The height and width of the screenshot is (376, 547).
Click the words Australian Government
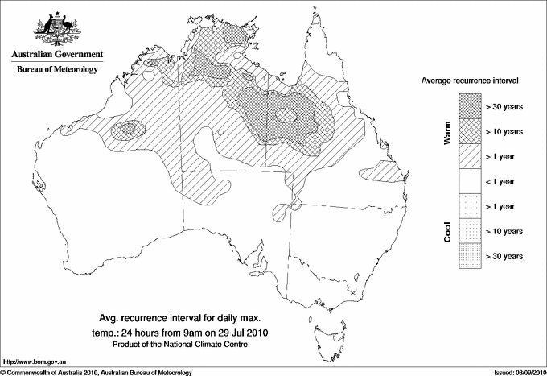[57, 55]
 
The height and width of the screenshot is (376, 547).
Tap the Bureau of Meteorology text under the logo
[57, 69]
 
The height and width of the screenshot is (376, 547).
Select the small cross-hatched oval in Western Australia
[129, 129]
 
